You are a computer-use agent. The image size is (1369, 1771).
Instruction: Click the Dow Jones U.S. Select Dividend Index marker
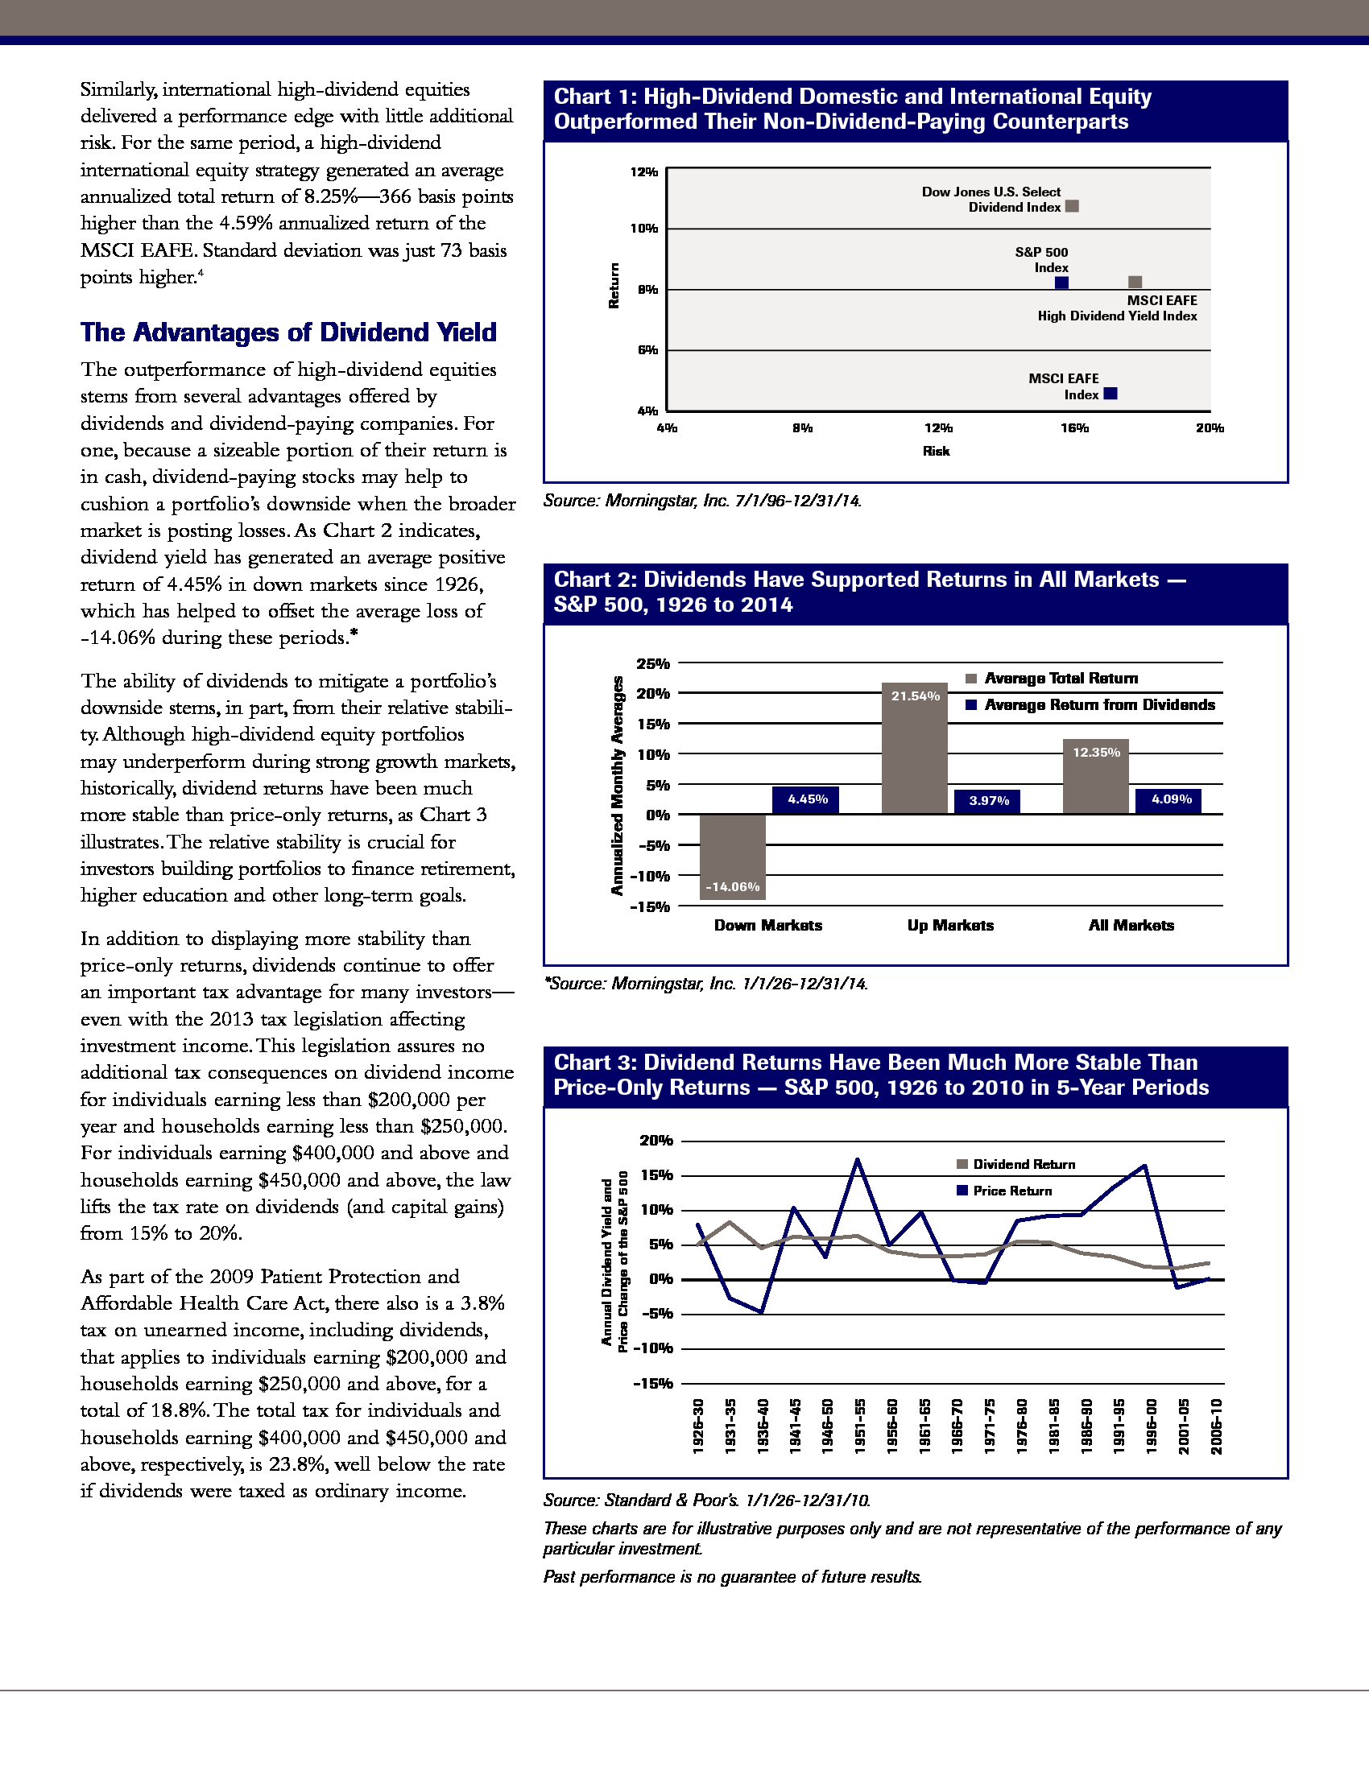point(1071,206)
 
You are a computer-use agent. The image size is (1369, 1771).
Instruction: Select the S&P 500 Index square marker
point(1061,283)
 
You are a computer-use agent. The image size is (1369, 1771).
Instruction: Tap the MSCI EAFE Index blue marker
point(1111,394)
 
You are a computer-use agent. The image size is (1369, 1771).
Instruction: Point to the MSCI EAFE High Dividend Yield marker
point(1135,282)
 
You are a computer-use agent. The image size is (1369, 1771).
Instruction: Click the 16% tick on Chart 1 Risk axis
point(1074,428)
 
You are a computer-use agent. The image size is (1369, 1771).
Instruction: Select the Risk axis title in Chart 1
point(936,451)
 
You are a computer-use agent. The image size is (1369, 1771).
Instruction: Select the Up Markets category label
point(950,925)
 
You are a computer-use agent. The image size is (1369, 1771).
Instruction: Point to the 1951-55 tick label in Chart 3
point(860,1426)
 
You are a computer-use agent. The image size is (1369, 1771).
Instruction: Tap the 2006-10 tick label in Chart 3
point(1217,1426)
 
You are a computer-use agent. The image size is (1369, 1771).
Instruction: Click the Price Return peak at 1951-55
point(858,1159)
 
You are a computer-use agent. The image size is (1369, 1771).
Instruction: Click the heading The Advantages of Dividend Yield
point(288,332)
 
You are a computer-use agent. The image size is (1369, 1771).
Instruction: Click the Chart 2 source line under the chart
point(705,984)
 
